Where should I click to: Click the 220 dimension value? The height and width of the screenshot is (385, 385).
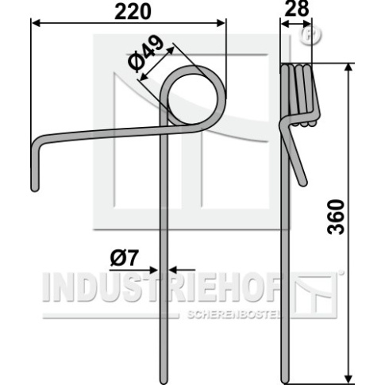point(133,12)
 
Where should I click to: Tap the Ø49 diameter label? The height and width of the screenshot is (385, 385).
point(145,53)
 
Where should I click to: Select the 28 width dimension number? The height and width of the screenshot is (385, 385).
point(297,8)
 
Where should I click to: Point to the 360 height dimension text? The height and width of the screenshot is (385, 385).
point(336,218)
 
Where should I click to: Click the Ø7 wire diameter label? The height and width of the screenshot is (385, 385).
point(125,258)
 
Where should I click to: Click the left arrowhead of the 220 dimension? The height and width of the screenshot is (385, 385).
point(36,23)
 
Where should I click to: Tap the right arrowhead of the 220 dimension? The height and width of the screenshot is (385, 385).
point(221,23)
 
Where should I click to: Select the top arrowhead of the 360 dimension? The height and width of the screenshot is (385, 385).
point(349,67)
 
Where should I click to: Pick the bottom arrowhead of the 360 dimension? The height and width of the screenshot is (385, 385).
point(349,379)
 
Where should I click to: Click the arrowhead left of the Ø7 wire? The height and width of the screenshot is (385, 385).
point(154,270)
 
